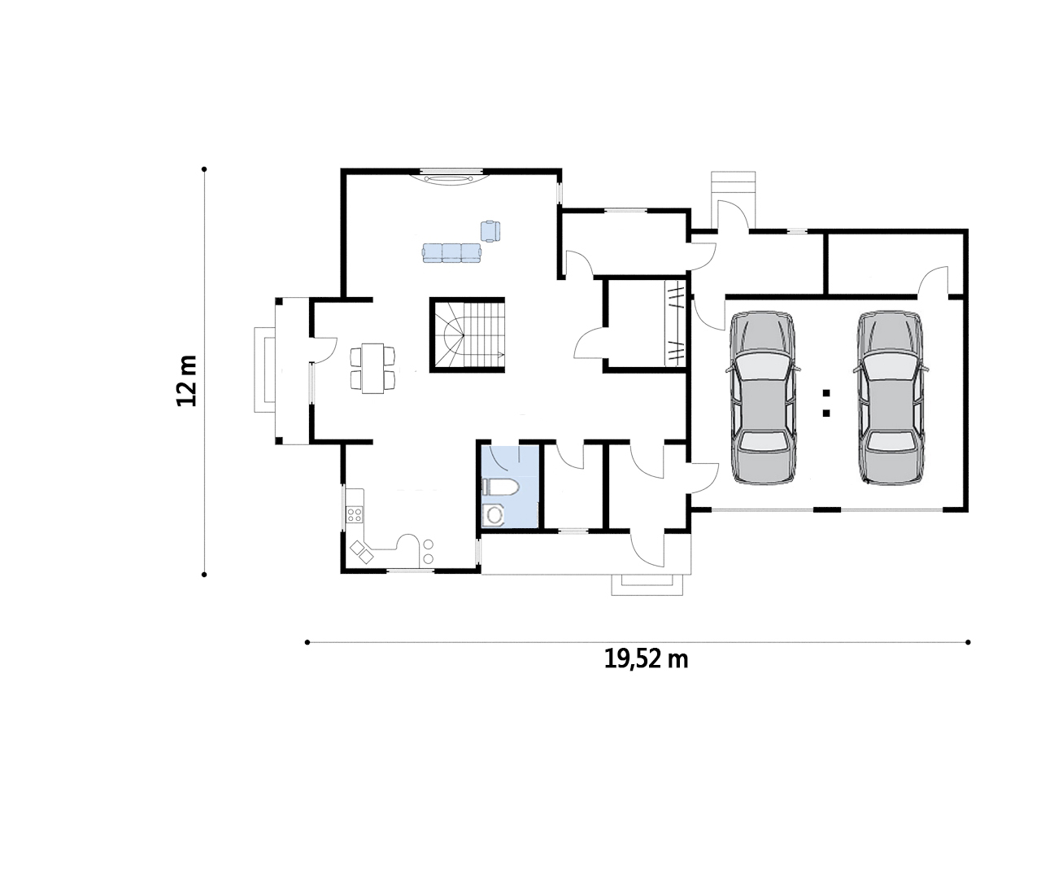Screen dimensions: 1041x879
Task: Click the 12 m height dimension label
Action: click(187, 381)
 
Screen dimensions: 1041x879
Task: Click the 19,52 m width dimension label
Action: click(646, 659)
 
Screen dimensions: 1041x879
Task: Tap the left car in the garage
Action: click(763, 398)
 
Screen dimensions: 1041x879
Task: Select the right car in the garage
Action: click(891, 398)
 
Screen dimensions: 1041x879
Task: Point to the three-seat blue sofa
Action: click(451, 253)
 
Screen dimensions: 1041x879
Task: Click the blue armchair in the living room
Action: click(490, 231)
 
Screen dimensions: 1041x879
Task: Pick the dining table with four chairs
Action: click(372, 368)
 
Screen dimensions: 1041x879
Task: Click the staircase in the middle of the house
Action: click(467, 335)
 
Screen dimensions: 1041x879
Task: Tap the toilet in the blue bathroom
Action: click(500, 487)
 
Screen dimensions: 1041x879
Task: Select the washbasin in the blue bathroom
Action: click(494, 515)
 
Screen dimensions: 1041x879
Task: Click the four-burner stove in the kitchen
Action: click(355, 514)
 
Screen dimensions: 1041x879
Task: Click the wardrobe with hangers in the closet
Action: click(676, 324)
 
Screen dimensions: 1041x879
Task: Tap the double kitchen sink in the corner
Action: click(362, 552)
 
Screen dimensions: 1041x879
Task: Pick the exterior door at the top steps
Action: click(733, 216)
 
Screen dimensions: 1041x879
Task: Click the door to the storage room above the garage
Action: click(933, 281)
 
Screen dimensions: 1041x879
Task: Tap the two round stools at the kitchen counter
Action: click(428, 551)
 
